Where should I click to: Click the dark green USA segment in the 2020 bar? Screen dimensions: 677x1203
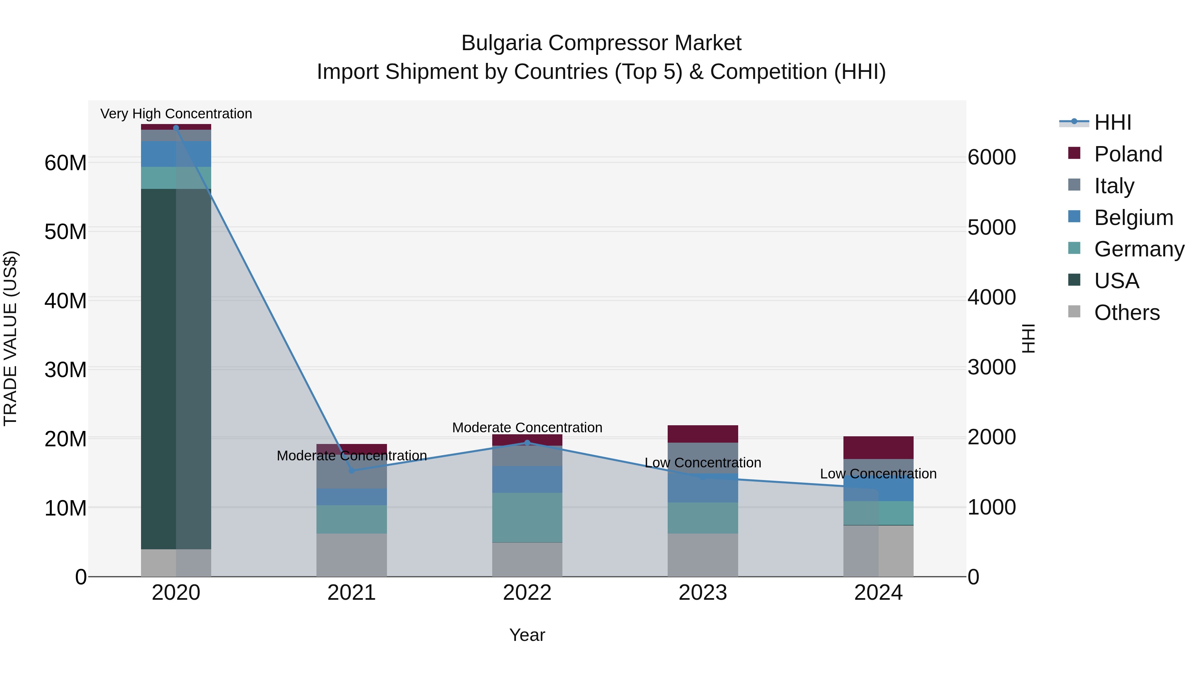click(x=159, y=369)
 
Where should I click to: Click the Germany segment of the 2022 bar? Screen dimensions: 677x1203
click(x=527, y=517)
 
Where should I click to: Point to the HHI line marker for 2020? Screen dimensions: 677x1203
click(x=176, y=128)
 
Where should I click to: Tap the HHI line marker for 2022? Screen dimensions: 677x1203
click(x=527, y=442)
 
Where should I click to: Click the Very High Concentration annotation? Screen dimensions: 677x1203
click(x=176, y=114)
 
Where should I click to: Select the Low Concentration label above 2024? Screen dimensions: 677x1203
click(x=878, y=474)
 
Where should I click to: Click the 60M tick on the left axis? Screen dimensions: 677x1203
click(x=65, y=163)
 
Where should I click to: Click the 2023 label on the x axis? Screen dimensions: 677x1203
click(x=702, y=593)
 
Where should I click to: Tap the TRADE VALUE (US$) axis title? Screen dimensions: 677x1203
click(x=10, y=338)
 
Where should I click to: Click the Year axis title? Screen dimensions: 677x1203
click(x=527, y=635)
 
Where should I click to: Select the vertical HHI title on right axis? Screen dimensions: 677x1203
click(x=1028, y=338)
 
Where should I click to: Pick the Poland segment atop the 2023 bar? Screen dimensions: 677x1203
click(x=702, y=434)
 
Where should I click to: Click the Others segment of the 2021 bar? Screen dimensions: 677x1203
click(x=351, y=555)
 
